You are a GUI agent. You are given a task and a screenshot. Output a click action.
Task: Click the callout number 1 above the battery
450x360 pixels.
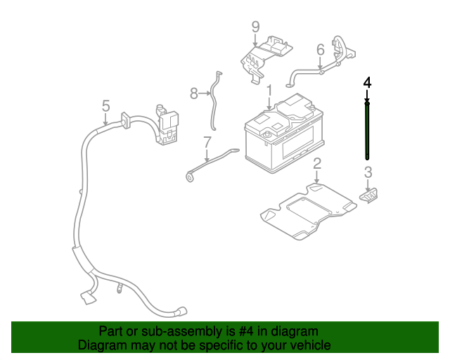coord(269,91)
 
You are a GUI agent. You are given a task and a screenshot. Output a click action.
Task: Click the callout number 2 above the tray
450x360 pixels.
coord(317,163)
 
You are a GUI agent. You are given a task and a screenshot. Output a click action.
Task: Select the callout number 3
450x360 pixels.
coord(368,172)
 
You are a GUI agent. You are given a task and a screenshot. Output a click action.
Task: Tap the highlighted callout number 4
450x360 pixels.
coord(367,82)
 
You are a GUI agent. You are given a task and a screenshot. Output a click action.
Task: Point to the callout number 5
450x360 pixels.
coord(105,105)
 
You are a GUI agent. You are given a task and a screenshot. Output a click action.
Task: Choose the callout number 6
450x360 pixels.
coord(321,49)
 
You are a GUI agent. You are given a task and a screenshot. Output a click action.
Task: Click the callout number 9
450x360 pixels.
coord(255,27)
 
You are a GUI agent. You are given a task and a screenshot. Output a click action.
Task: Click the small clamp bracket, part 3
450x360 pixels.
coord(370,193)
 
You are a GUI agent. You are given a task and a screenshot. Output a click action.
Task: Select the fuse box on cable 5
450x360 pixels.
coord(168,127)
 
